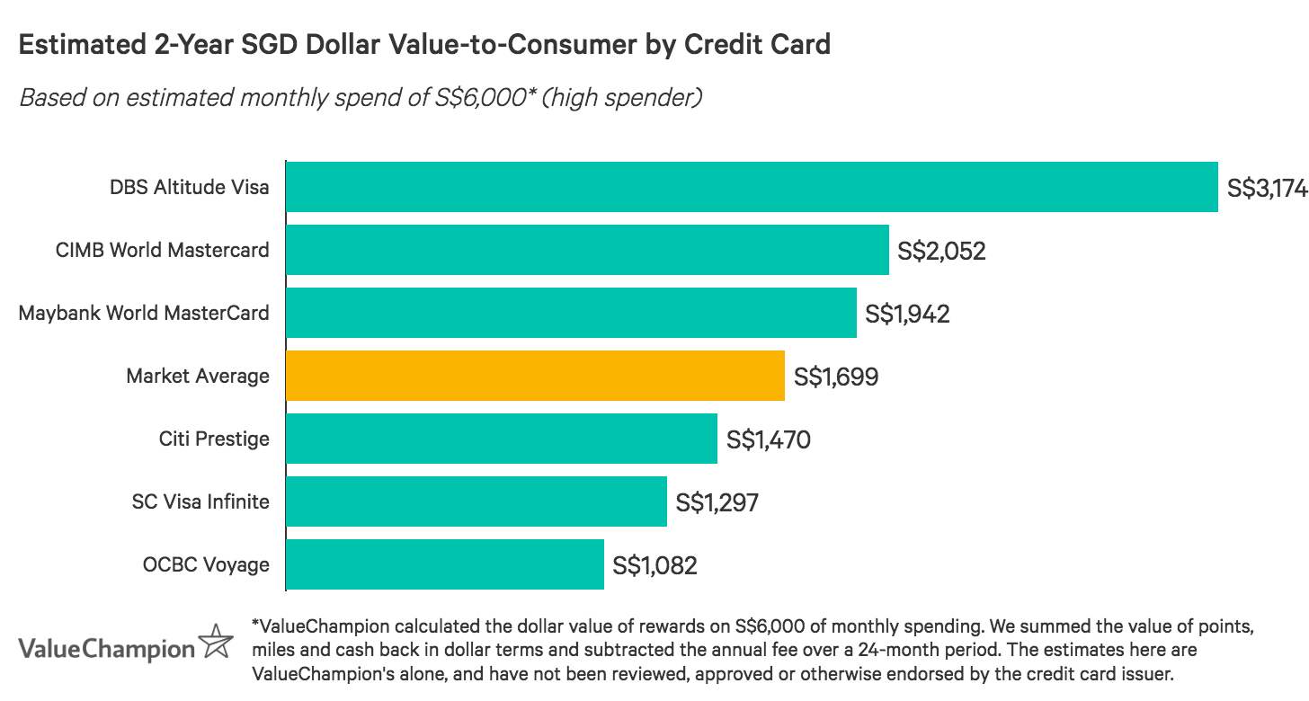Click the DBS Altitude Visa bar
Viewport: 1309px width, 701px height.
pyautogui.click(x=752, y=187)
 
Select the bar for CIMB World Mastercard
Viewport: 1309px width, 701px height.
pyautogui.click(x=587, y=250)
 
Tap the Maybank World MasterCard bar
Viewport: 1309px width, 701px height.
pyautogui.click(x=571, y=313)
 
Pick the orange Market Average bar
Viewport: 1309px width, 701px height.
pyautogui.click(x=535, y=376)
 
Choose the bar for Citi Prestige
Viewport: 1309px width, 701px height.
pyautogui.click(x=502, y=439)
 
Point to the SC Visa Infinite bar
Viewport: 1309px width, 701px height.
pyautogui.click(x=476, y=501)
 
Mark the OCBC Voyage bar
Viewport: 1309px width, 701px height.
pyautogui.click(x=445, y=564)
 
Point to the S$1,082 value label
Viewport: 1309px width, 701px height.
pyautogui.click(x=654, y=565)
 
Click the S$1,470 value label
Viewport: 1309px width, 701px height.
pyautogui.click(x=769, y=439)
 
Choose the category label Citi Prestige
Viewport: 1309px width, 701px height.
pyautogui.click(x=213, y=439)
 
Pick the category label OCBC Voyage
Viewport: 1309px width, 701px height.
pyautogui.click(x=206, y=564)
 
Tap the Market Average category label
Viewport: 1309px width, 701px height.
pyautogui.click(x=198, y=376)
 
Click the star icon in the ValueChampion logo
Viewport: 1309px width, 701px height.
pyautogui.click(x=216, y=642)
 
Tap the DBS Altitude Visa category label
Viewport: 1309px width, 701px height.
pyautogui.click(x=189, y=187)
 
